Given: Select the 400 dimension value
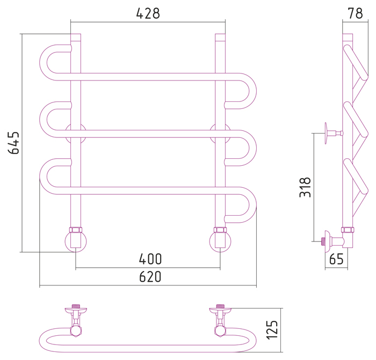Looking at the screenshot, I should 150,259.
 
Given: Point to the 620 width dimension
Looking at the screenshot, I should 150,277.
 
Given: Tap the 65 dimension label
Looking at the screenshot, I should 336,260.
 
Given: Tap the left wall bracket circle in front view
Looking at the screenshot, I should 75,133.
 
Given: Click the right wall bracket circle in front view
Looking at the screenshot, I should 220,133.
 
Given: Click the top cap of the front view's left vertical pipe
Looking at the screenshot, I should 76,38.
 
